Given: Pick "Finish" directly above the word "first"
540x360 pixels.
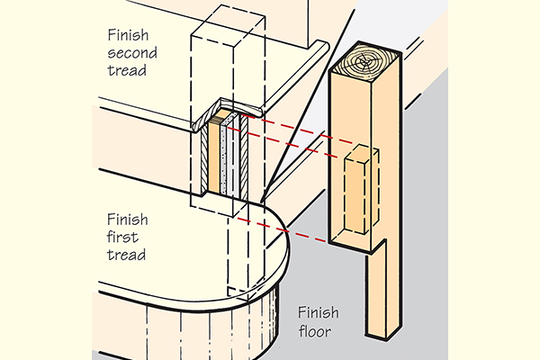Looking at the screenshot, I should tap(126, 219).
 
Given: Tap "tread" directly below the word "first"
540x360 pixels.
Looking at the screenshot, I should tap(125, 257).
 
